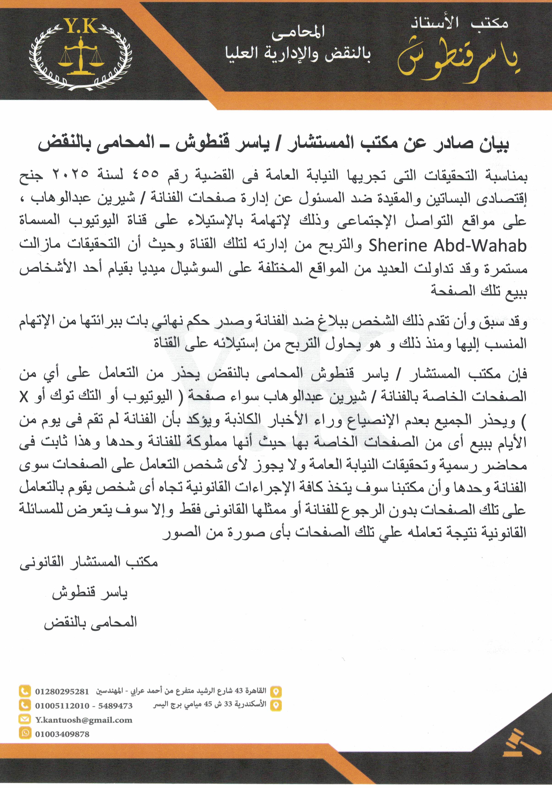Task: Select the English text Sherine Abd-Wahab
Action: tap(447, 246)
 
